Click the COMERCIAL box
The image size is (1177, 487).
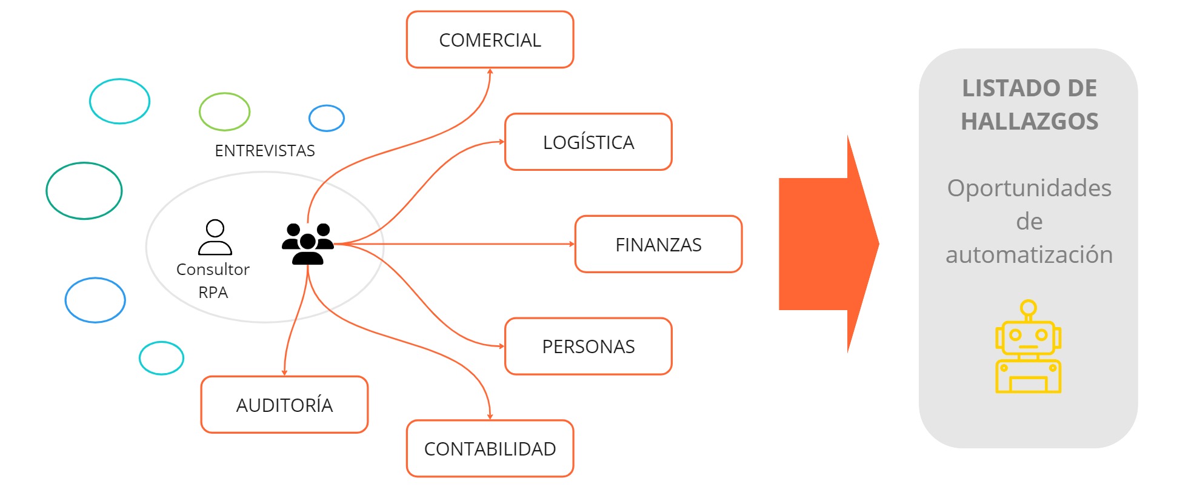click(490, 40)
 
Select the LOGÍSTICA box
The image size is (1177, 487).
click(588, 142)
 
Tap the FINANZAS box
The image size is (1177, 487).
click(658, 245)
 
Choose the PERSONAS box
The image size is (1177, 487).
click(588, 346)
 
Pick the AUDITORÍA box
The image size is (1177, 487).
click(284, 405)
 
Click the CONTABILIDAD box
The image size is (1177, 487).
click(490, 449)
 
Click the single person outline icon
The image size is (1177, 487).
click(215, 237)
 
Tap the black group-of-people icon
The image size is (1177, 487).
click(308, 243)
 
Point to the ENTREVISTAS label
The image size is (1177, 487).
click(265, 151)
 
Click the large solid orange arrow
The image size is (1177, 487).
click(827, 244)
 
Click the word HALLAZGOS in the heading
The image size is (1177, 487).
click(1029, 122)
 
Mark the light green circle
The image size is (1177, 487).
click(224, 111)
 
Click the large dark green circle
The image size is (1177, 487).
click(84, 191)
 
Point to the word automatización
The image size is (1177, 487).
click(1029, 255)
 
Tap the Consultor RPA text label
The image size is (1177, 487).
click(213, 280)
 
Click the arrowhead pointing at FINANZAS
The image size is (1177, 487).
click(572, 244)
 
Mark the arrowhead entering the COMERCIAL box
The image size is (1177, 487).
click(490, 71)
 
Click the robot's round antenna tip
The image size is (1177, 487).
click(1028, 308)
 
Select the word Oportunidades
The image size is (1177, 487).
click(1029, 188)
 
